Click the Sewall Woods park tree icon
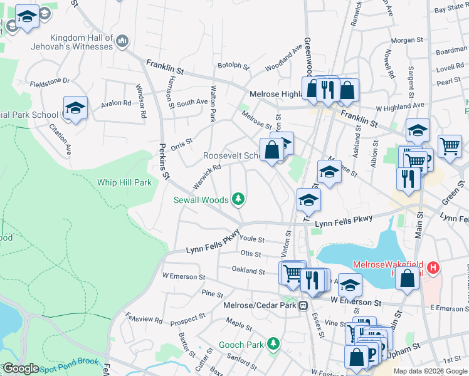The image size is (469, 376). pyautogui.click(x=238, y=200)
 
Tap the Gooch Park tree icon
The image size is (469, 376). pyautogui.click(x=273, y=345)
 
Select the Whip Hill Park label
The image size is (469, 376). pyautogui.click(x=124, y=182)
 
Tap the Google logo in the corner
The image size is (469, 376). pyautogui.click(x=21, y=368)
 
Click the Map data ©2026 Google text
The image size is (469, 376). pyautogui.click(x=429, y=371)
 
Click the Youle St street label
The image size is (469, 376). pyautogui.click(x=252, y=239)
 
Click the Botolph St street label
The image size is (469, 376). pyautogui.click(x=233, y=65)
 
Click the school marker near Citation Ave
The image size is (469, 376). pyautogui.click(x=75, y=108)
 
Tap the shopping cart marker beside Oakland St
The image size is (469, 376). pyautogui.click(x=292, y=273)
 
